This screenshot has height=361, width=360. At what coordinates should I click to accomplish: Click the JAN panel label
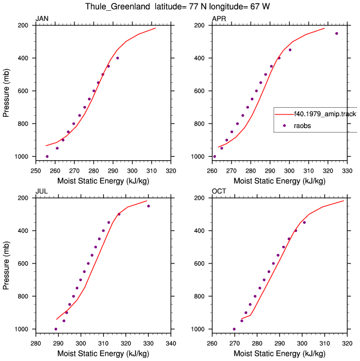[42, 19]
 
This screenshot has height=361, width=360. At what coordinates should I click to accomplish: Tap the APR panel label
[219, 19]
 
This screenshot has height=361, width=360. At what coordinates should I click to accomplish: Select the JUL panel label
[42, 191]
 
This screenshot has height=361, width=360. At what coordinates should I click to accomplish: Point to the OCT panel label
[219, 191]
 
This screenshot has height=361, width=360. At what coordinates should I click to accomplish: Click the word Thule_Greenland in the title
[118, 6]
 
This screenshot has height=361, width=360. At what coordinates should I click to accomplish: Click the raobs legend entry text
[303, 126]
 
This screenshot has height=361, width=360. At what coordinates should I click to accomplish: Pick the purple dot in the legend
[285, 126]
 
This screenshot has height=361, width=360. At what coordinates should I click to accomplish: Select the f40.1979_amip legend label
[326, 114]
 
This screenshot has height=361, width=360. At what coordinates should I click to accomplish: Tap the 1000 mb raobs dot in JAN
[47, 157]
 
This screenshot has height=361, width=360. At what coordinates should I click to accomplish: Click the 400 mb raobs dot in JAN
[118, 58]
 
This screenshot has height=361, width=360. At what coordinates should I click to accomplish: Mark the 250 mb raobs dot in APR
[336, 33]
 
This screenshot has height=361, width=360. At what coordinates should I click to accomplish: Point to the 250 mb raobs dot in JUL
[149, 206]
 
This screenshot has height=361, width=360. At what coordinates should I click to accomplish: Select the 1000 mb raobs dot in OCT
[234, 329]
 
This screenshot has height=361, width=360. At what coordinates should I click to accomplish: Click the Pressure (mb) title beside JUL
[6, 266]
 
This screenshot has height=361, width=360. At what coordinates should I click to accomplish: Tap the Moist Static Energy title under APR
[279, 181]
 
